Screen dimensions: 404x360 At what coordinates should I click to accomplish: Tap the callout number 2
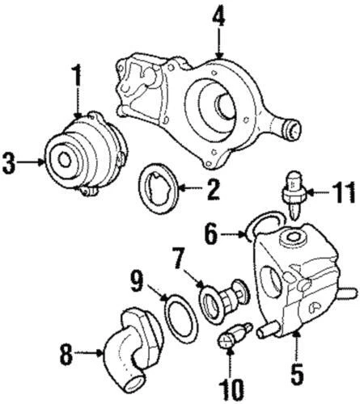tap(213, 191)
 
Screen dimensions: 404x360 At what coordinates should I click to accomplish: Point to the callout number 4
tap(218, 17)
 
